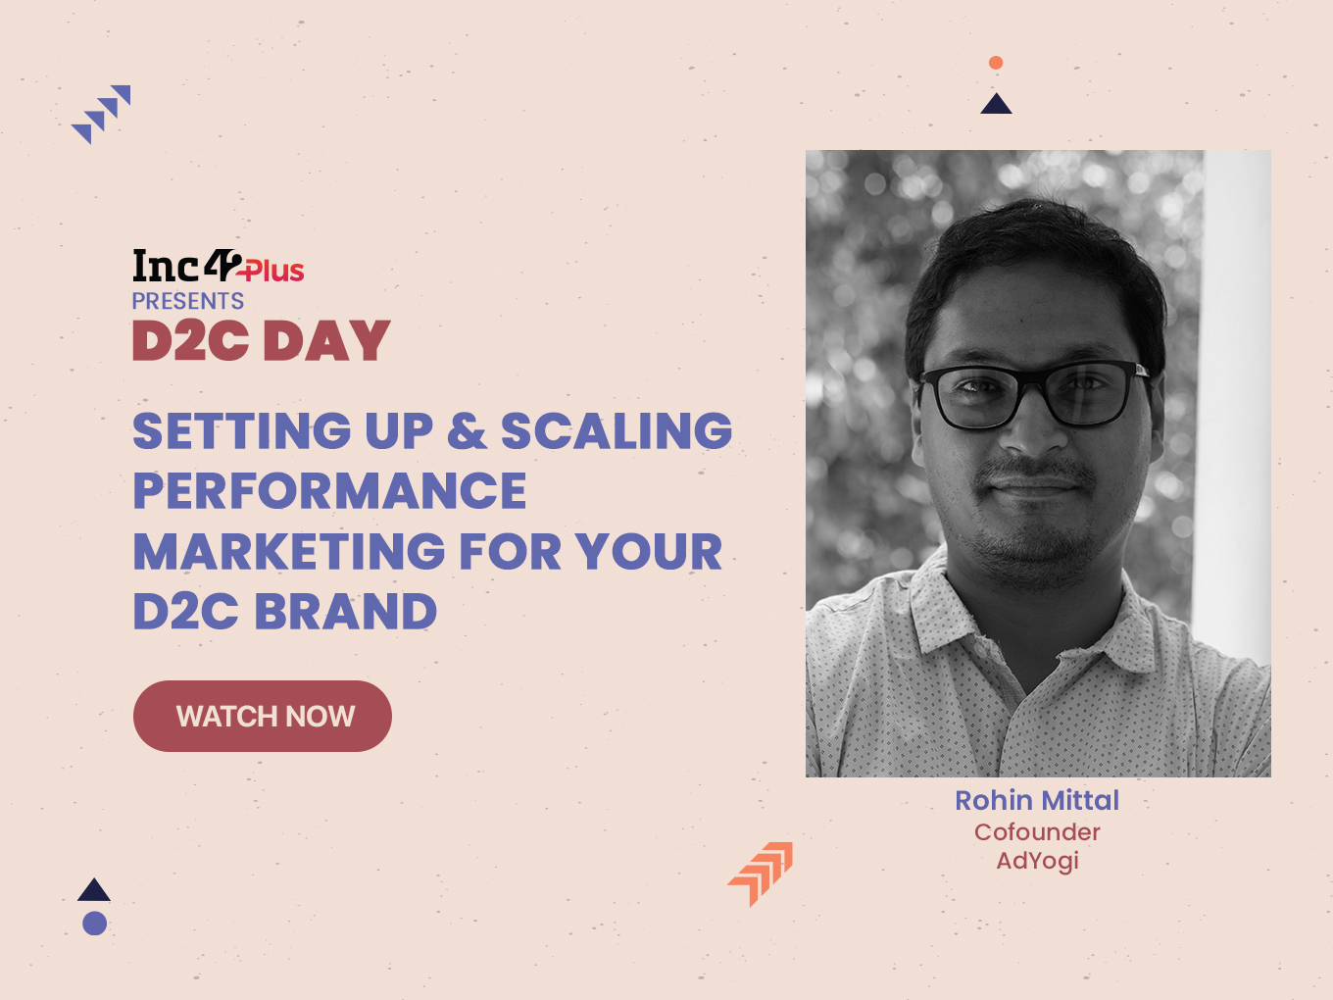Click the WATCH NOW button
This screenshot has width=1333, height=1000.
263,716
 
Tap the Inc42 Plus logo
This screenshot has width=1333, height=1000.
219,266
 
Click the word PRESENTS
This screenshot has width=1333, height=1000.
188,301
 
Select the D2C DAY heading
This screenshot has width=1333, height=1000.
261,340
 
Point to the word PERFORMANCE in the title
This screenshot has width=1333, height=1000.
329,490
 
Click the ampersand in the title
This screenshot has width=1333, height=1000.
467,430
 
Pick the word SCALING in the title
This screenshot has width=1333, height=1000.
617,430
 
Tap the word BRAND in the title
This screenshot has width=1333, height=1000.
346,611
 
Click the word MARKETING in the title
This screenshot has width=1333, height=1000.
289,551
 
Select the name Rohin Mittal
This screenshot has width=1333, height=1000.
1037,800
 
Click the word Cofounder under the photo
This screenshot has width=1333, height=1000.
1037,831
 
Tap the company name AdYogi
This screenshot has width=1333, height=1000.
1037,862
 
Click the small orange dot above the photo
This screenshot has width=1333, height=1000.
996,63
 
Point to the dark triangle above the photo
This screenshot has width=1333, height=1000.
996,106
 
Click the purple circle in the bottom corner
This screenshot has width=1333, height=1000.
95,923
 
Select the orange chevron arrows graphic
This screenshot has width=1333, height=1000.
762,874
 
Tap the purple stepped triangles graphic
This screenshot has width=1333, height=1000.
101,114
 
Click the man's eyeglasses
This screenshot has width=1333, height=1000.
1032,395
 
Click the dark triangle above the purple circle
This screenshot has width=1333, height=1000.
94,891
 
